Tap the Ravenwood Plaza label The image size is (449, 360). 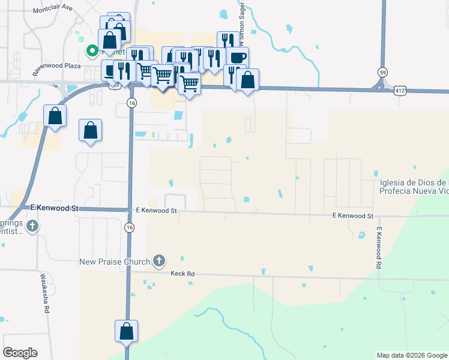pos(57,65)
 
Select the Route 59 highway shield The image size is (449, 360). pos(382,72)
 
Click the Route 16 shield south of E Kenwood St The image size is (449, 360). pos(130,227)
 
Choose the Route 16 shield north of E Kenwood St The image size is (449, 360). pos(131,104)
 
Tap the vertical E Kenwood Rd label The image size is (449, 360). pos(379,248)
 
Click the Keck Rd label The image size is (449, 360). pos(182,274)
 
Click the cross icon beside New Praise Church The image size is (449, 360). pos(158,260)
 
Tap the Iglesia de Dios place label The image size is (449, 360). pos(414,187)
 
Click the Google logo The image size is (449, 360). pos(20,353)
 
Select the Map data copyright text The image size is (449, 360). pos(412,355)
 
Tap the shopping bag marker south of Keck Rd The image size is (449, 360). pos(127,331)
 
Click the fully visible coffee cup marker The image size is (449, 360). pos(237,58)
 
